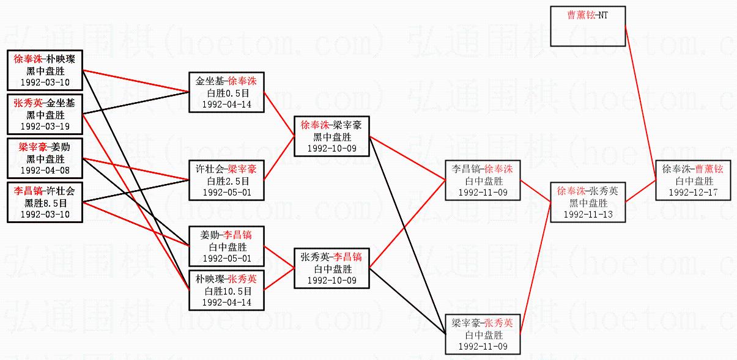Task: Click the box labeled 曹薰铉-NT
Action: [587, 26]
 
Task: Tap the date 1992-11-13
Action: [587, 215]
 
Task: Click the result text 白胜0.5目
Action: [228, 93]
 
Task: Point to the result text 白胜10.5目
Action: [228, 291]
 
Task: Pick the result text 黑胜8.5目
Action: [44, 203]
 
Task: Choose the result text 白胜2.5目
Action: [228, 182]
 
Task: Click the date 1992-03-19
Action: [44, 127]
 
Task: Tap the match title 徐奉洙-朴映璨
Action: [44, 59]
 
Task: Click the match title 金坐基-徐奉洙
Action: [228, 81]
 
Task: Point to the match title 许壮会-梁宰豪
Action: [228, 169]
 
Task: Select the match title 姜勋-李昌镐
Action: [228, 235]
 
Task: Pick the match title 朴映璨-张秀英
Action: [228, 279]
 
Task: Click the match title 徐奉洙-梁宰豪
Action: [331, 125]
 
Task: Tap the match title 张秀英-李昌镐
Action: [331, 257]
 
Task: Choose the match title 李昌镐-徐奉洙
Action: [483, 169]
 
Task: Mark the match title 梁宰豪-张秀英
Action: [483, 323]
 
